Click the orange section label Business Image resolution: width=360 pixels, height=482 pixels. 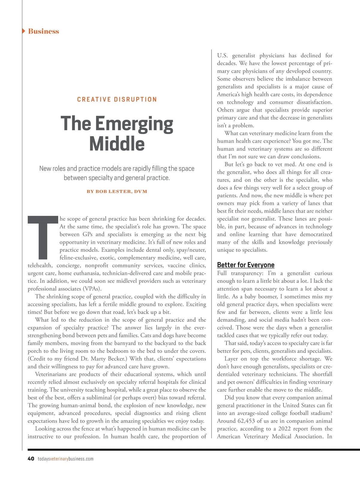[x=43, y=31]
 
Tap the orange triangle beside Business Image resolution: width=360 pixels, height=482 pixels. [x=24, y=31]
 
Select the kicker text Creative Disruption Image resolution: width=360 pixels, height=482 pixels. [x=117, y=99]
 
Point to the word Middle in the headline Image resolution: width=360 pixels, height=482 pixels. [x=117, y=144]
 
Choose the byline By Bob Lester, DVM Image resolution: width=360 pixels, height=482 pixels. [x=117, y=191]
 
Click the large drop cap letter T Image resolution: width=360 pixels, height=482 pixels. [x=43, y=237]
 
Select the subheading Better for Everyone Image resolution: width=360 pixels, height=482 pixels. [x=246, y=265]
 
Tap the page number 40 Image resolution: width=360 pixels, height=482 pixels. [x=31, y=459]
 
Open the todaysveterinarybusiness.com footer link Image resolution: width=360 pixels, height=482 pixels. [x=66, y=459]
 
